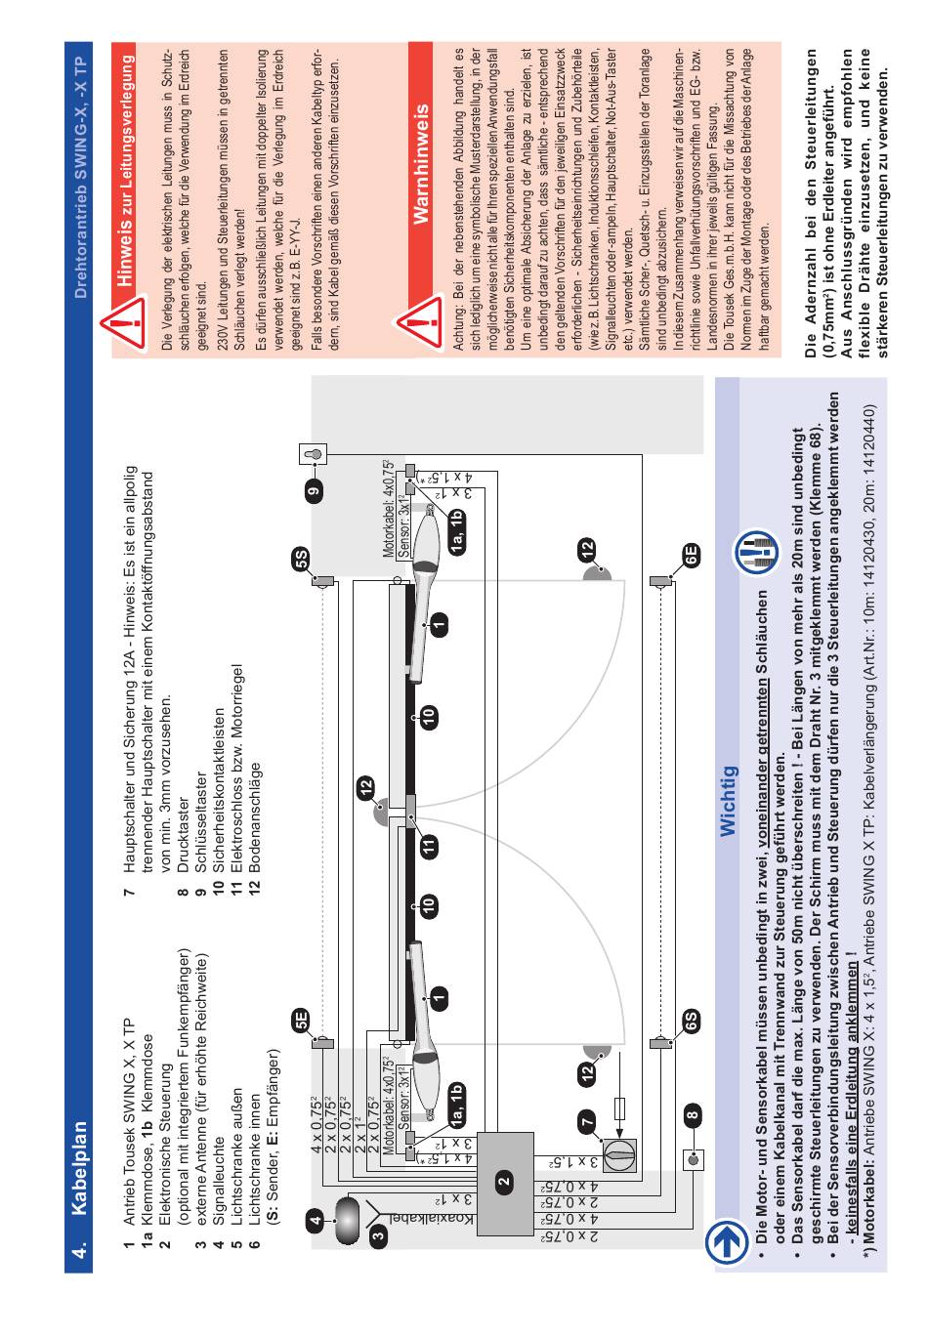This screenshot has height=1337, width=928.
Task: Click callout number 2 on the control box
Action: click(504, 1179)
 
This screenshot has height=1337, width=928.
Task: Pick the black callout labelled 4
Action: click(315, 1219)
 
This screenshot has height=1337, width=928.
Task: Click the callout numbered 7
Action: click(587, 1124)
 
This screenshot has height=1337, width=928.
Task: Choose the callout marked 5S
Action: click(300, 559)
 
